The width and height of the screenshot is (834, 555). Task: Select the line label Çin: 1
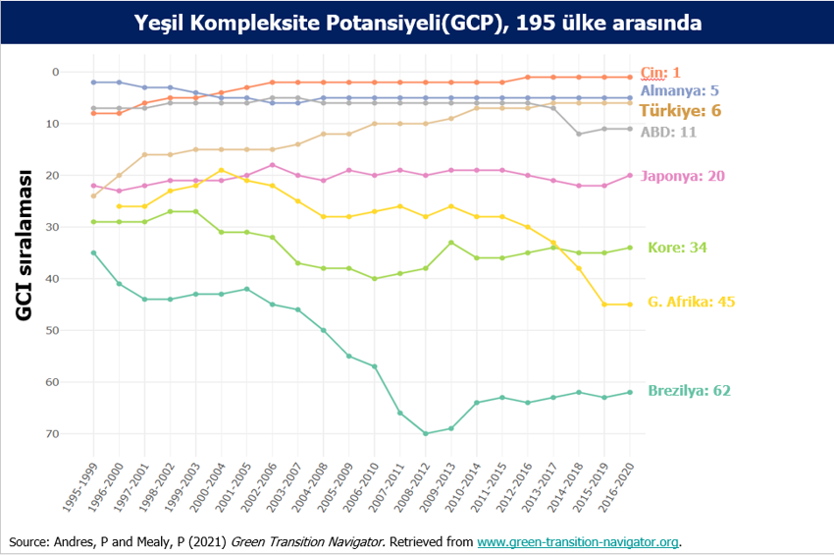(660, 73)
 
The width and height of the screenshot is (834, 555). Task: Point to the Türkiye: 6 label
(680, 111)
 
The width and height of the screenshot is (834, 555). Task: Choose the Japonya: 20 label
(682, 177)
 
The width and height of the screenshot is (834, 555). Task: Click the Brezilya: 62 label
(689, 391)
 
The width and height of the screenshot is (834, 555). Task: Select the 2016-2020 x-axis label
(617, 482)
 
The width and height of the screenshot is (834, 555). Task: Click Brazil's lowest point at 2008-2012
(426, 433)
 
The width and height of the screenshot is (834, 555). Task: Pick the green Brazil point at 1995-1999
(93, 252)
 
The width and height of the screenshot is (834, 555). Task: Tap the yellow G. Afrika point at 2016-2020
(630, 305)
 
